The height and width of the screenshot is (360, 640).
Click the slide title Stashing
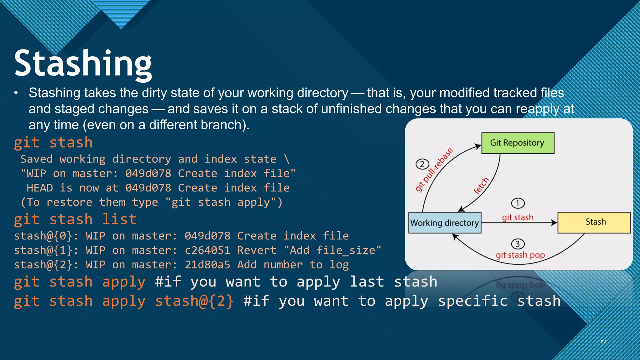coord(83,63)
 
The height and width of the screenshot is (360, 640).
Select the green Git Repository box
coord(517,143)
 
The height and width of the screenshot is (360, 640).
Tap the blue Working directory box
coord(444,223)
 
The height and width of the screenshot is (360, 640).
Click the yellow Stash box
coord(594,222)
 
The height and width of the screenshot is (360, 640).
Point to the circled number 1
coord(517,203)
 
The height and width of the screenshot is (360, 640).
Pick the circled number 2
coord(422,164)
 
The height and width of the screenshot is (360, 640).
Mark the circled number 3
coord(517,244)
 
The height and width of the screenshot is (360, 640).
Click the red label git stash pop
coord(520,255)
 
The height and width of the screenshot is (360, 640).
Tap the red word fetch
coord(481,186)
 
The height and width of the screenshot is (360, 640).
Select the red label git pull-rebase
coord(434,170)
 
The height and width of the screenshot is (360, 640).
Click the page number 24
coord(603,342)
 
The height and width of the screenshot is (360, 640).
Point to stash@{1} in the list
coord(43,250)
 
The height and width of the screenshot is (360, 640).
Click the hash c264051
coord(207,250)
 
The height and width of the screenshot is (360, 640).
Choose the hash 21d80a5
coord(207,265)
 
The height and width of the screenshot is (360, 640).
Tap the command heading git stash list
coord(75,219)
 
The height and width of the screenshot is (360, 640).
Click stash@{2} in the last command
coord(194,301)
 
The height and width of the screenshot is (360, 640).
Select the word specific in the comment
coord(472,301)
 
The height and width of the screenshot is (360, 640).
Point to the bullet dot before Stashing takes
coord(16,93)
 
